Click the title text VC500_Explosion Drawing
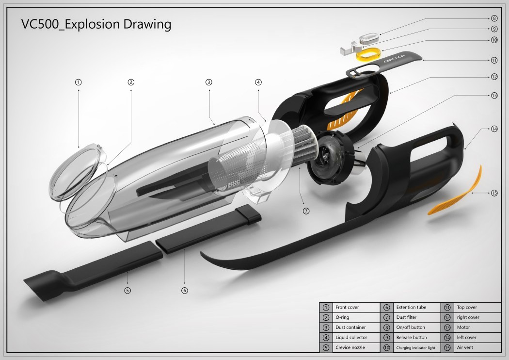(x=96, y=24)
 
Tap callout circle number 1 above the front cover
(x=79, y=82)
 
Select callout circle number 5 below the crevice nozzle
(x=127, y=291)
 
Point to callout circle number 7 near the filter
(x=306, y=211)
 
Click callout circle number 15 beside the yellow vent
(x=494, y=193)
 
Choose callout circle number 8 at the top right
(x=494, y=18)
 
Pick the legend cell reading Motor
(x=463, y=327)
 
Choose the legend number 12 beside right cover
(x=447, y=317)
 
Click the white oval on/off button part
(x=371, y=37)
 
